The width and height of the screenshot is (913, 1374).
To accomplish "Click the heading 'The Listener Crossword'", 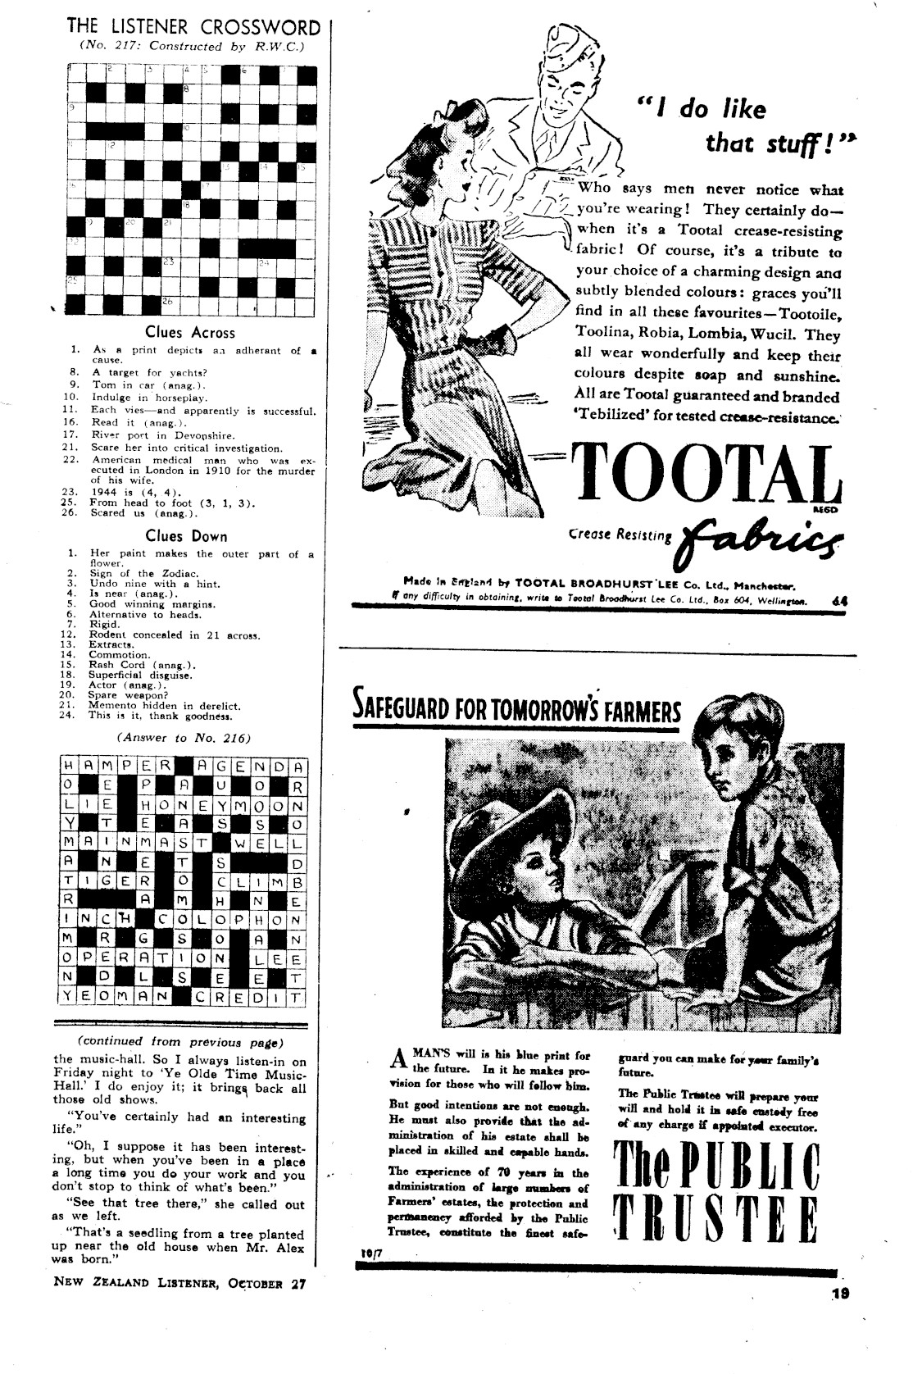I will pyautogui.click(x=193, y=27).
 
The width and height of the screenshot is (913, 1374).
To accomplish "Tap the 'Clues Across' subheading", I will pyautogui.click(x=190, y=333).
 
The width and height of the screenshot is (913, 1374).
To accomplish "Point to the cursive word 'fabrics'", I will pyautogui.click(x=763, y=538).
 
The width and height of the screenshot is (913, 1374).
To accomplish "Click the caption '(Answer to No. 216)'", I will pyautogui.click(x=185, y=737).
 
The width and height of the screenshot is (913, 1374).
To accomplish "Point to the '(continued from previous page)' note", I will pyautogui.click(x=180, y=1043).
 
